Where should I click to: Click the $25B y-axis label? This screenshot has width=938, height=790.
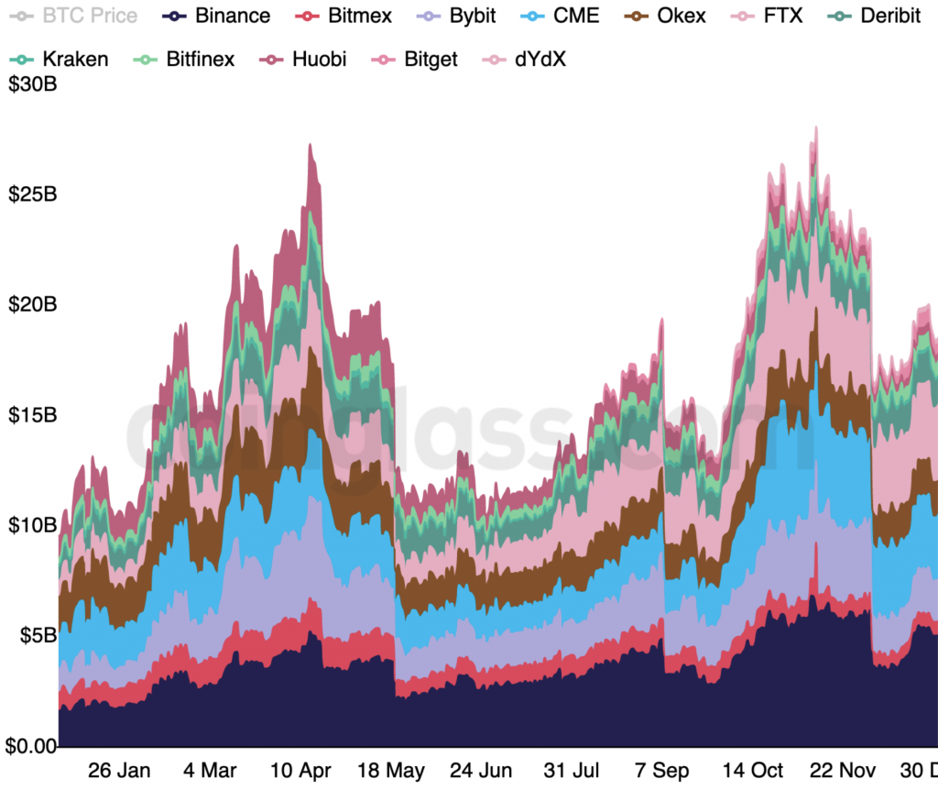[32, 194]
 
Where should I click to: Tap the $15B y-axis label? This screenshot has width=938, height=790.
[32, 415]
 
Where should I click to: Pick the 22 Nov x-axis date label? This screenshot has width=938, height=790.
[846, 770]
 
